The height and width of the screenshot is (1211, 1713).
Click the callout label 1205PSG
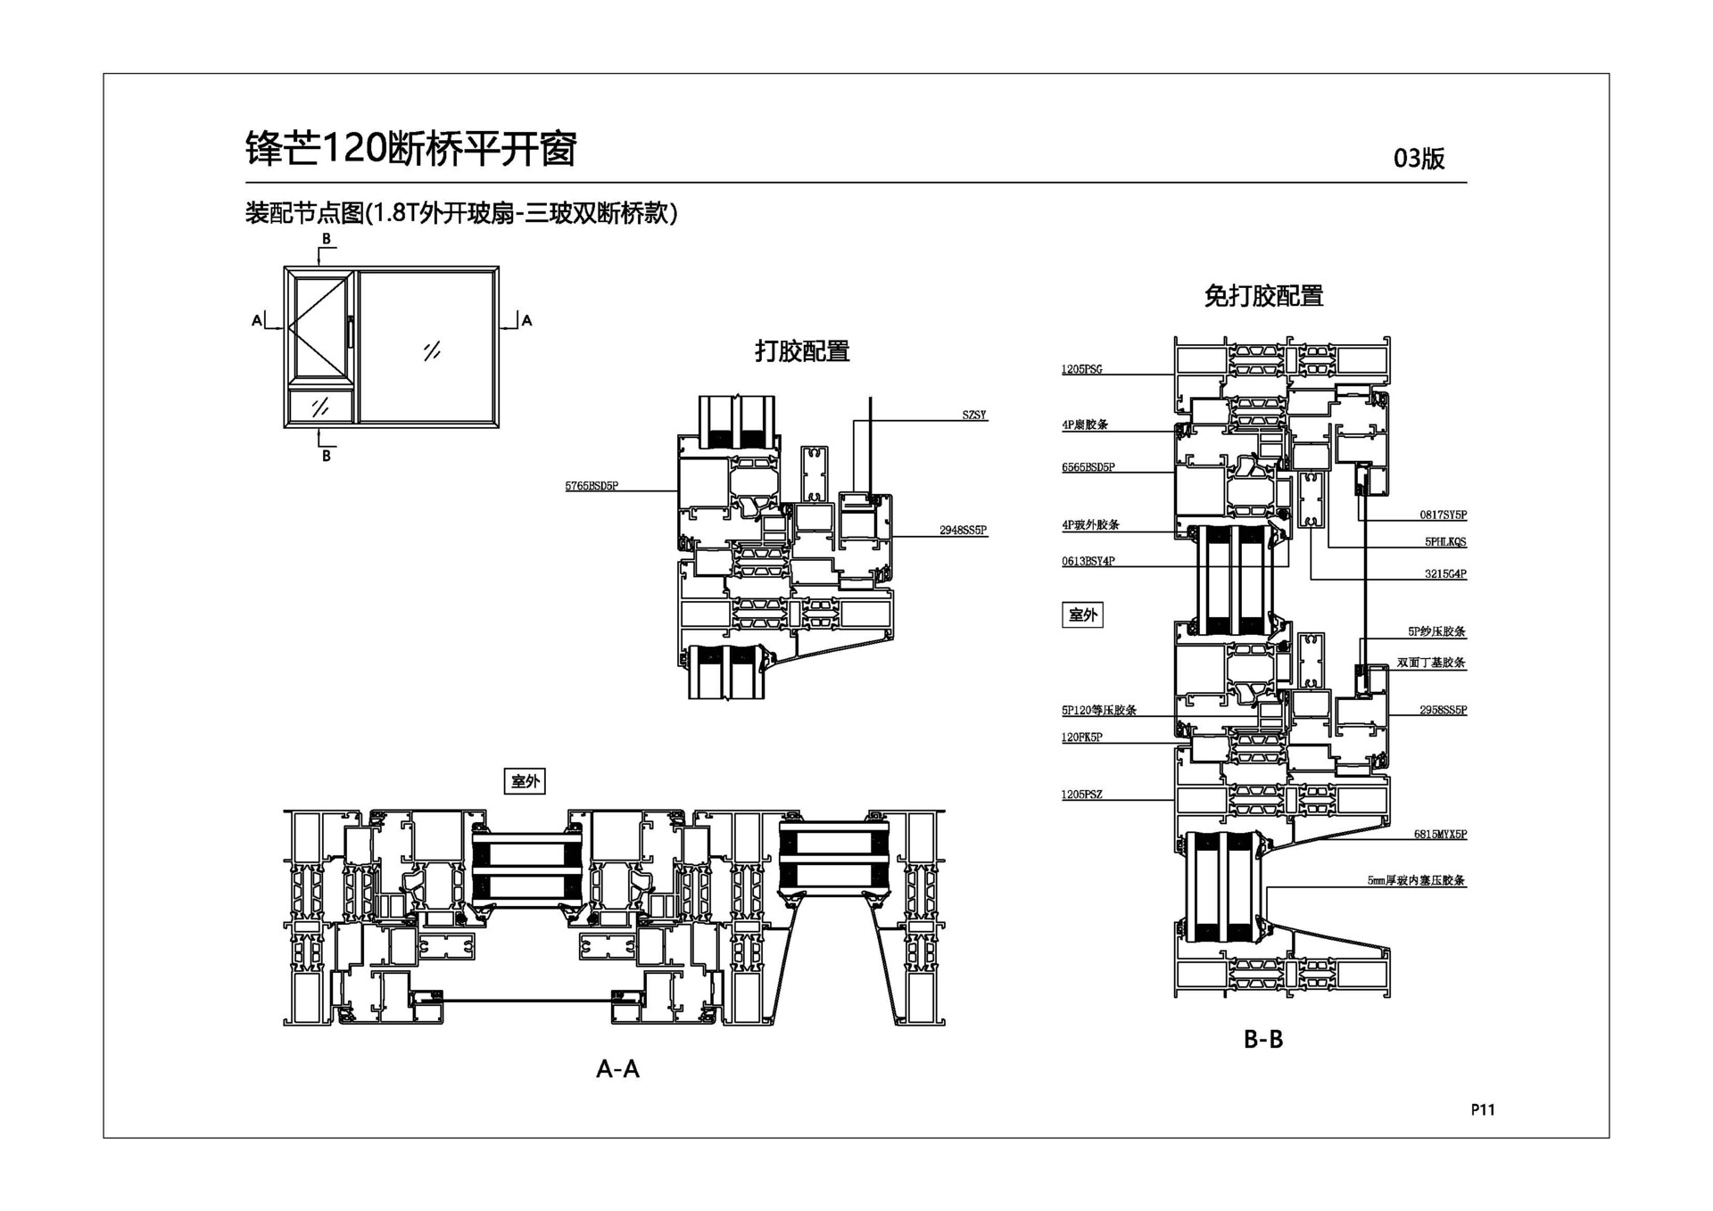(x=1081, y=369)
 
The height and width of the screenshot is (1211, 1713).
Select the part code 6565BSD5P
(x=1088, y=467)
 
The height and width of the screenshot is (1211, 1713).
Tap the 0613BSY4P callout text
(x=1088, y=561)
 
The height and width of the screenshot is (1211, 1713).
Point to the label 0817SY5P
(x=1443, y=515)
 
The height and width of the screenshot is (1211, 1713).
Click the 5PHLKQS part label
(x=1444, y=541)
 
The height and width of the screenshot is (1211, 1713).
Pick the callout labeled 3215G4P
(x=1444, y=573)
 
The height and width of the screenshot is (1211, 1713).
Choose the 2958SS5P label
(x=1443, y=710)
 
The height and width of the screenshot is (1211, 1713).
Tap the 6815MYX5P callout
(x=1440, y=834)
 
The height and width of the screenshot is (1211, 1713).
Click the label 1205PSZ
(x=1081, y=794)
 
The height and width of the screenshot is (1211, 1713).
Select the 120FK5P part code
(x=1081, y=737)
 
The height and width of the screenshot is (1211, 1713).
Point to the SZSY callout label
(x=974, y=415)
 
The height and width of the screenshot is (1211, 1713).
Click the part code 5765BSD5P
(x=591, y=486)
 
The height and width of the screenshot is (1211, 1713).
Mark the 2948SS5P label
(x=963, y=530)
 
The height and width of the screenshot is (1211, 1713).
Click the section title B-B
(x=1262, y=1039)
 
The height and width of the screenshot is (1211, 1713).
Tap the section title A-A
(x=617, y=1068)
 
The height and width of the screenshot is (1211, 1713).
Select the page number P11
(x=1482, y=1109)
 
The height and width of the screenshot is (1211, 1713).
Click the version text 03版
(x=1419, y=159)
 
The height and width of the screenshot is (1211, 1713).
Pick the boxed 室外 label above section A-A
(x=525, y=781)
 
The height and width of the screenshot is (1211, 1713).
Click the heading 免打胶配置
(x=1263, y=295)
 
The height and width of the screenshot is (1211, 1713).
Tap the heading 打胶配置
(x=802, y=350)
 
